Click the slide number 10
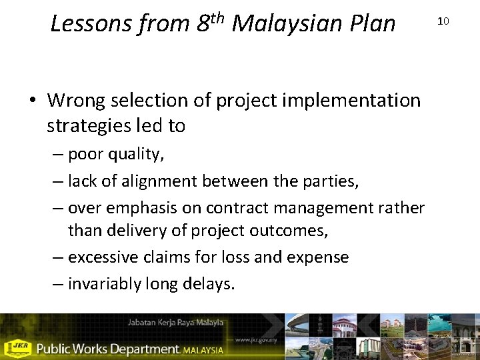coord(443,21)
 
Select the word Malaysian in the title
coord(283,24)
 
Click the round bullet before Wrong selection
coord(33,101)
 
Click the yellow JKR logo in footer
coord(18,348)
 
